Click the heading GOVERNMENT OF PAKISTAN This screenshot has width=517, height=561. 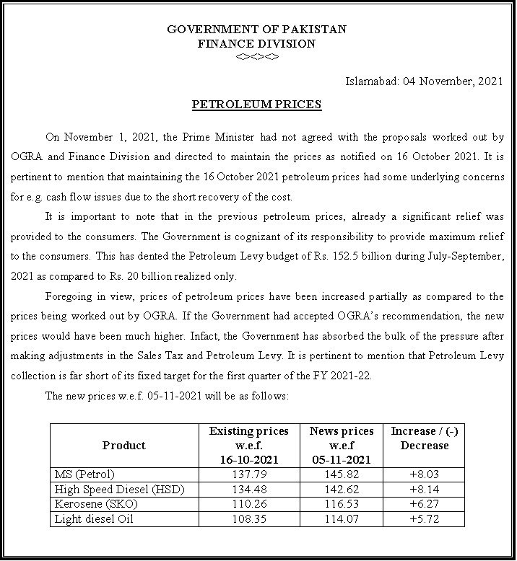[257, 30]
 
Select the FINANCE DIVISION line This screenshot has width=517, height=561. [257, 43]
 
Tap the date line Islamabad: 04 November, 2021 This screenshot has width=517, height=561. [422, 81]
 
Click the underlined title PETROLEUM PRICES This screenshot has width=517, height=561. [256, 105]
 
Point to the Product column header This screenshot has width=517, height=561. [124, 445]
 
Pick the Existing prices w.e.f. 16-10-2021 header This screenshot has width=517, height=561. [248, 445]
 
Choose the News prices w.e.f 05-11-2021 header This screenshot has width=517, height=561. [341, 445]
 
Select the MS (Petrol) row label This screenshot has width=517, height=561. [80, 474]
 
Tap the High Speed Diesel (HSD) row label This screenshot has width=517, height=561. [120, 489]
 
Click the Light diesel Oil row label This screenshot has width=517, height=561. [92, 518]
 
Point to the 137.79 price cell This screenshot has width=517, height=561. [248, 474]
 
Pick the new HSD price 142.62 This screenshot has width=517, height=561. [341, 489]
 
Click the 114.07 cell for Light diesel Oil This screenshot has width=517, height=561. [341, 518]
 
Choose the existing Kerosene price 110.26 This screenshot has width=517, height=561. [248, 503]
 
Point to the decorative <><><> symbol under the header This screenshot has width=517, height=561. [257, 57]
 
